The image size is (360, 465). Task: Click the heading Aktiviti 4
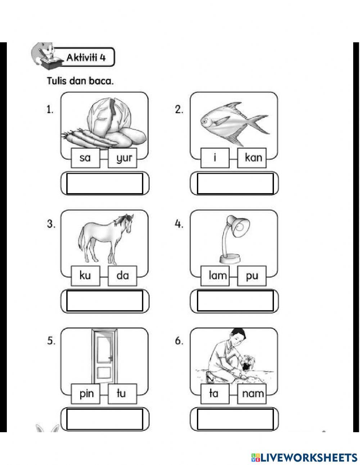coord(86,58)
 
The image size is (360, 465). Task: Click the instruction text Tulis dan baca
coord(80,81)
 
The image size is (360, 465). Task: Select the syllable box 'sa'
coord(85,158)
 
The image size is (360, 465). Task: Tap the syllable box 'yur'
coord(122,158)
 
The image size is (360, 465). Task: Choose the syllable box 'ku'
coord(85,276)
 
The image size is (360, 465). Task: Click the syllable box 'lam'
coord(215,276)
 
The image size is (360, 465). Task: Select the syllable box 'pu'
coord(252,276)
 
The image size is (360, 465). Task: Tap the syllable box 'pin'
coord(85,394)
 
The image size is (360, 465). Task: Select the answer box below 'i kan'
coord(235,183)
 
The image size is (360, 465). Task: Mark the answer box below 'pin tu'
coord(104,419)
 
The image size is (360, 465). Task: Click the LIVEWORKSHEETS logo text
coord(308,457)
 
